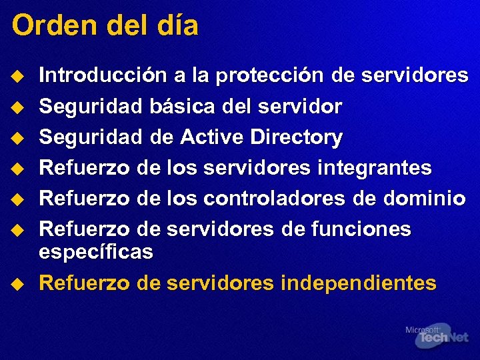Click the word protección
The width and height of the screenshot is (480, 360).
tap(267, 76)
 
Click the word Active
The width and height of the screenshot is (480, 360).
tap(213, 137)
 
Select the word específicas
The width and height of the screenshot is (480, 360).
tap(96, 253)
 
